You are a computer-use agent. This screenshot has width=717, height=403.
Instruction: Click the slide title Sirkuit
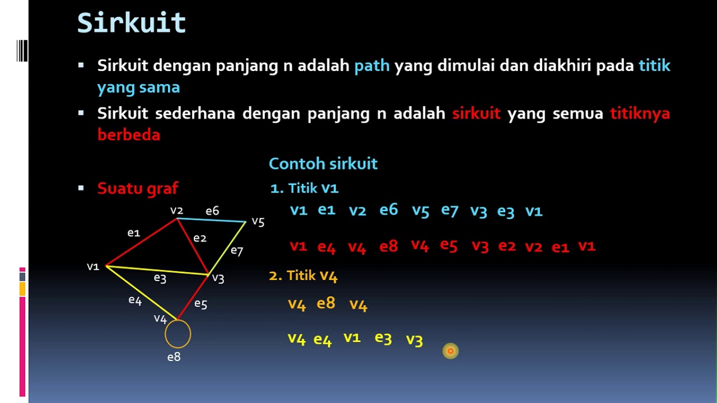pos(131,24)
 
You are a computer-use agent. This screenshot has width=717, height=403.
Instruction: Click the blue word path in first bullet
pos(372,66)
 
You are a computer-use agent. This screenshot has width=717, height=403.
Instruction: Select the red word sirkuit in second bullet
pos(476,114)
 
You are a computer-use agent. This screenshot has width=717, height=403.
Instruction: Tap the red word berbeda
pos(129,135)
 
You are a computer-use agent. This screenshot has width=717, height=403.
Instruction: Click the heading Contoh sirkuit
pos(323,164)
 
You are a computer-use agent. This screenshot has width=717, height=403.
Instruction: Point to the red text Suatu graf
pos(138,189)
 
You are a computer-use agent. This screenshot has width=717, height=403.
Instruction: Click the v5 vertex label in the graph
pos(258,222)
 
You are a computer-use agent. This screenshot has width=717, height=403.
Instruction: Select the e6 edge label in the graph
pos(212,211)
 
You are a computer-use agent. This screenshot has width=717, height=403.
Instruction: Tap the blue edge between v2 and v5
pos(212,220)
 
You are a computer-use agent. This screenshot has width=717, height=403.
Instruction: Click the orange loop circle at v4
pos(178,334)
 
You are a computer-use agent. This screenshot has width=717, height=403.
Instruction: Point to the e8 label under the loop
pos(174,357)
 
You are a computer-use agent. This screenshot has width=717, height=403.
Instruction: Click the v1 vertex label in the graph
pos(93,267)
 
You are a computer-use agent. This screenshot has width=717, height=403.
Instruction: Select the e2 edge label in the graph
pos(200,238)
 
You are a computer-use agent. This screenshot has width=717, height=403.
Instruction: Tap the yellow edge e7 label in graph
pos(237,251)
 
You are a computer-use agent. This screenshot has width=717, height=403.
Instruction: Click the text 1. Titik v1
pos(304,189)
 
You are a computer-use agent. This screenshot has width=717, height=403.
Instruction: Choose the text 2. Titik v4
pos(303,275)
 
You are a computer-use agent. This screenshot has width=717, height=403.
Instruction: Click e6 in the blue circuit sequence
pos(389,210)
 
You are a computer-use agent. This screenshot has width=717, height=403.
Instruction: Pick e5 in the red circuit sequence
pos(449,245)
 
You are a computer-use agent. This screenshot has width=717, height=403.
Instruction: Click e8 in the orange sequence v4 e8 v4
pos(326,303)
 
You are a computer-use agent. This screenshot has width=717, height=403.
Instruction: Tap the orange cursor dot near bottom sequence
pos(450,351)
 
